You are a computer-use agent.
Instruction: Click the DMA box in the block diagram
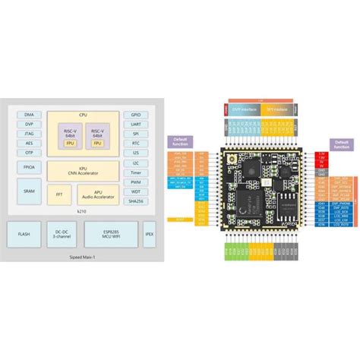click(29, 114)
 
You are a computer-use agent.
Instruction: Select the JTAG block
click(29, 132)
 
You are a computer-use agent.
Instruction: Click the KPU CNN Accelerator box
click(82, 169)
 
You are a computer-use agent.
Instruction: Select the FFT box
click(61, 194)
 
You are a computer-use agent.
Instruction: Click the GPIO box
click(135, 114)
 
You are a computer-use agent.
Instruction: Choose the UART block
click(135, 123)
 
